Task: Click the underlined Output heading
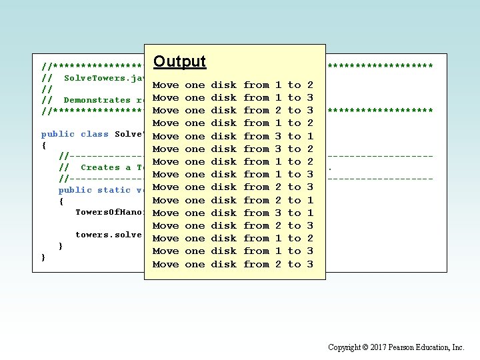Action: coord(179,62)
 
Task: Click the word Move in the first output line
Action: coord(165,85)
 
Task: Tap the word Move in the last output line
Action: coord(165,264)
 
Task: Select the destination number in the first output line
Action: coord(310,85)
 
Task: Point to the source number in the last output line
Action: coord(278,264)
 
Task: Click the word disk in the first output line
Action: coord(223,85)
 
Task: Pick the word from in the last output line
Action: coord(256,264)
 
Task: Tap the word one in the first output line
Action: coord(195,85)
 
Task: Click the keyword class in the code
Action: coord(94,134)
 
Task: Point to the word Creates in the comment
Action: coord(100,167)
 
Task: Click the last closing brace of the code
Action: coord(44,257)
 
